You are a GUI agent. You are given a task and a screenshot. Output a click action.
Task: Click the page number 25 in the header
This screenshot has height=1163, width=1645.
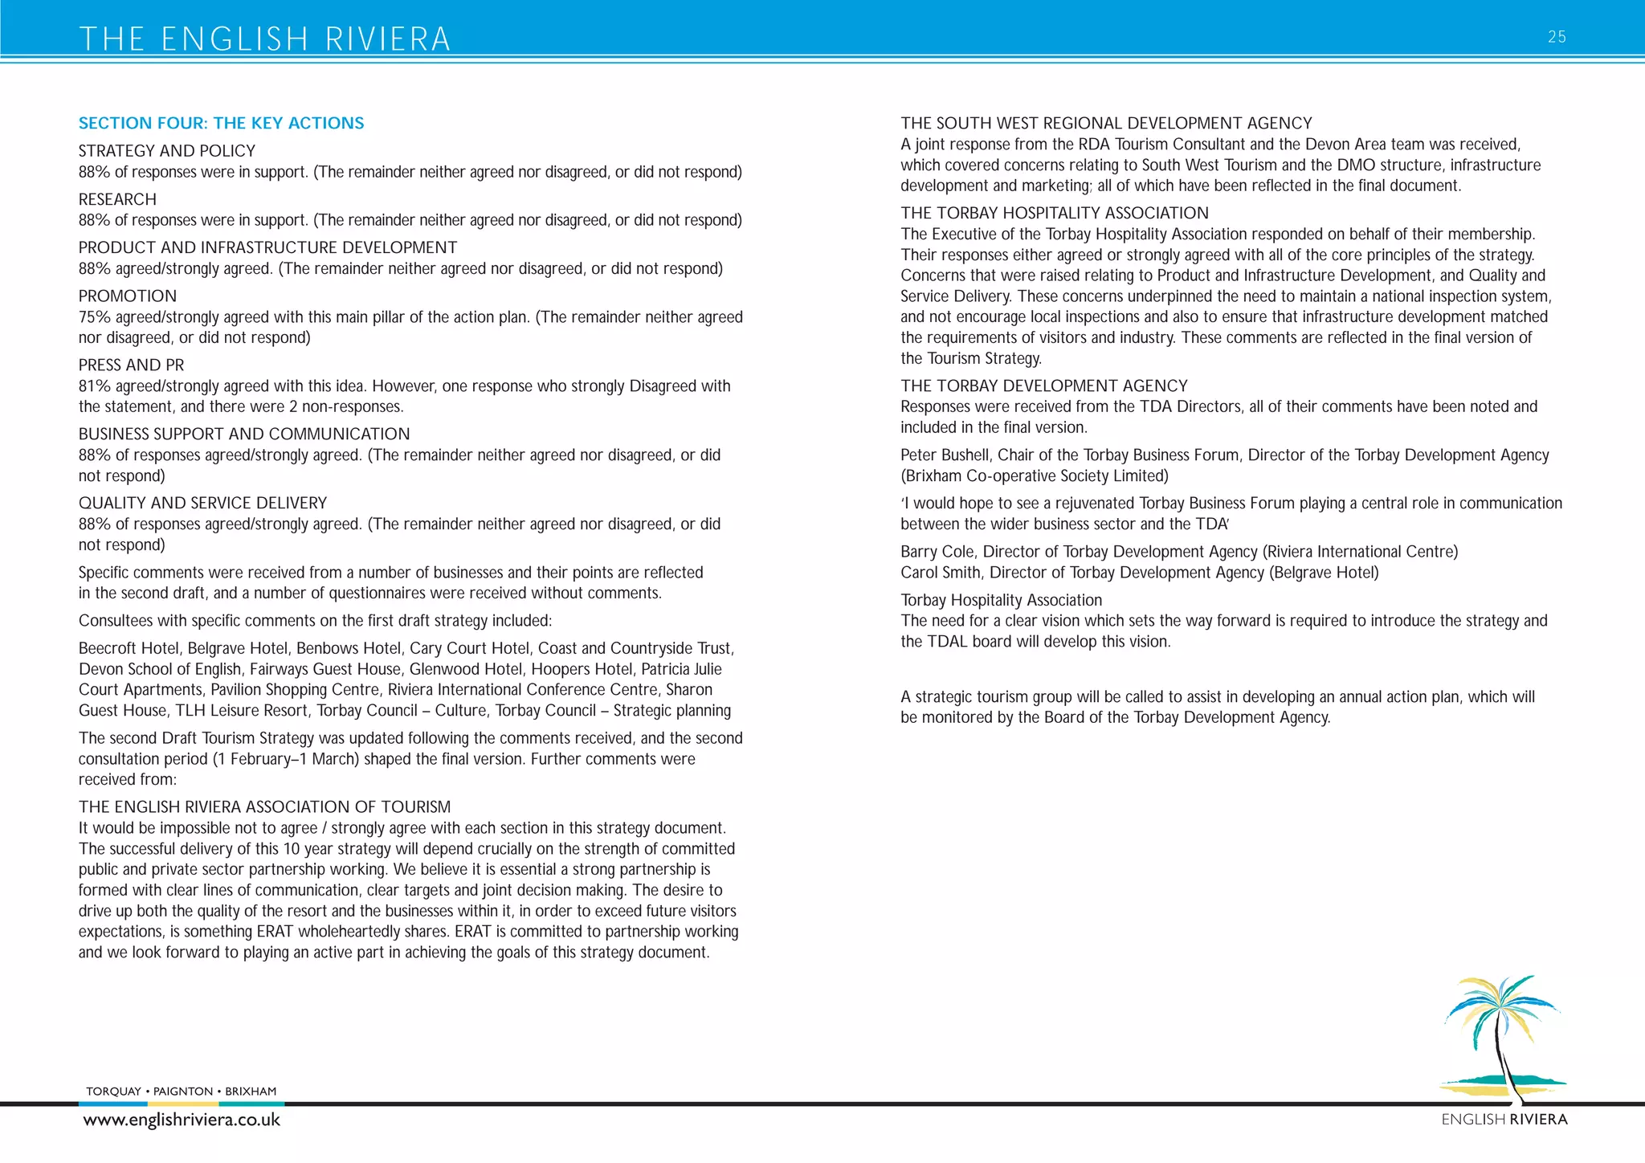[1556, 37]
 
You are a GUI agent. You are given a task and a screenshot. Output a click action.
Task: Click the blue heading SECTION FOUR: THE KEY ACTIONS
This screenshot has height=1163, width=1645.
[221, 123]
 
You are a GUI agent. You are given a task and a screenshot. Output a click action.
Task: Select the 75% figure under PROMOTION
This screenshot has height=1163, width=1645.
[95, 317]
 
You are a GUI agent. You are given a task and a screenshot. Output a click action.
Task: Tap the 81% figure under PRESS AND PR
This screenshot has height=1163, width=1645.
[94, 386]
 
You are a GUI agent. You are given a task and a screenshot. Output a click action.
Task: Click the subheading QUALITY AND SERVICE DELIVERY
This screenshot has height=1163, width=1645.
[202, 503]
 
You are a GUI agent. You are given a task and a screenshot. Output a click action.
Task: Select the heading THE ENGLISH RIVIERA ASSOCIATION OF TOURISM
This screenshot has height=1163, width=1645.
[264, 807]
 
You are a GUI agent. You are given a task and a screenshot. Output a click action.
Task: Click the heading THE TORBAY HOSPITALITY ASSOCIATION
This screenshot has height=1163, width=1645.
[1054, 213]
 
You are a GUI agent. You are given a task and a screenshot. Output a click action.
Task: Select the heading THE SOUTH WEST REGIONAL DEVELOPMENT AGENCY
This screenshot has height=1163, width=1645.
[1106, 123]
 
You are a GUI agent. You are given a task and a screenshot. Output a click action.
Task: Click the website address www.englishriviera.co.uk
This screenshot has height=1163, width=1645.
[182, 1120]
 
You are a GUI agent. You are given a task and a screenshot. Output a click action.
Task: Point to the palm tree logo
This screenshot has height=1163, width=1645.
[1500, 1036]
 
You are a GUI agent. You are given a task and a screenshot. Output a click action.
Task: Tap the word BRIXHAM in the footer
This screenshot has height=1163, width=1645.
[251, 1092]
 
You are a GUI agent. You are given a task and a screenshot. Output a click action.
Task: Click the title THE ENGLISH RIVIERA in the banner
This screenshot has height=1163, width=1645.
[265, 39]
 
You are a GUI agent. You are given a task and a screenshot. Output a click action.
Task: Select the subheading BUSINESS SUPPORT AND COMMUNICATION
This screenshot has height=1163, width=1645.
[244, 434]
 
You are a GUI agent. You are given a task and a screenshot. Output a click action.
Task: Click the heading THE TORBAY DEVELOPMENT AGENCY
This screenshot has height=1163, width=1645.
[1043, 386]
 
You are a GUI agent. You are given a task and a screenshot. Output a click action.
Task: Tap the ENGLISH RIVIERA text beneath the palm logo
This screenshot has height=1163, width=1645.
[1504, 1120]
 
